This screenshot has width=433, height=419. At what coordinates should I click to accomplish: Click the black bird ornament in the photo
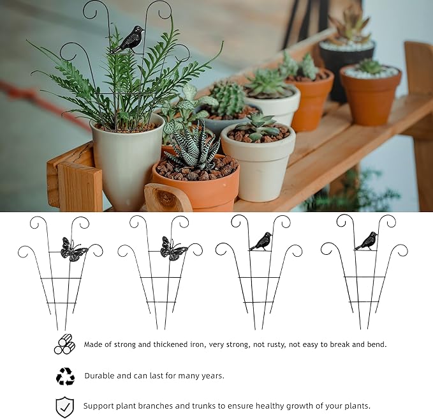coord(129,40)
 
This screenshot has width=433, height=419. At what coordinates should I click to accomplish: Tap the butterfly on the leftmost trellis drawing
coord(73,250)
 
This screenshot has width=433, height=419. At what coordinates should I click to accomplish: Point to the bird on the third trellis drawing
coord(261,241)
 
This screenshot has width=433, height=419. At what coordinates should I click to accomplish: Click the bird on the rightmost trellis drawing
coord(366,241)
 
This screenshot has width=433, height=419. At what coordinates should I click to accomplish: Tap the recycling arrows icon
coord(65,376)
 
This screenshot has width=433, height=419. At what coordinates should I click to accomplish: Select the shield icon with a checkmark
coord(64,406)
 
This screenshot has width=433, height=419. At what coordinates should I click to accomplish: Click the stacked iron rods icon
coord(64,345)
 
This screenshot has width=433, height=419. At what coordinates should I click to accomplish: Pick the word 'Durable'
coord(101,376)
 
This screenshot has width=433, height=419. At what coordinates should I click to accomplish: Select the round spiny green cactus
coord(227,99)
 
